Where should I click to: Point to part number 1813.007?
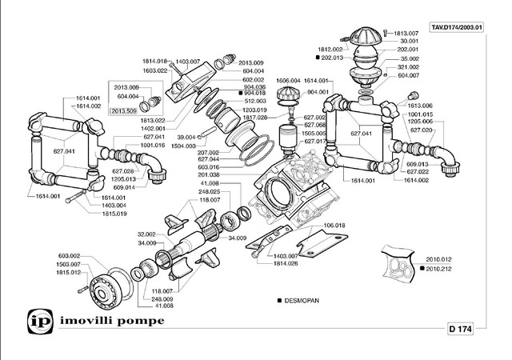tap(406, 33)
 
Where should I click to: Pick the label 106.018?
tap(334, 226)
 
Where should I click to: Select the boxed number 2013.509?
tap(125, 111)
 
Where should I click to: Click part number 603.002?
tap(70, 257)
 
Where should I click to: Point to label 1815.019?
tap(114, 214)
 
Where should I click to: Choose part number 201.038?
tap(210, 175)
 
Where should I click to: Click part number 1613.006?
tap(420, 106)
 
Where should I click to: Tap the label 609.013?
tap(420, 163)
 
